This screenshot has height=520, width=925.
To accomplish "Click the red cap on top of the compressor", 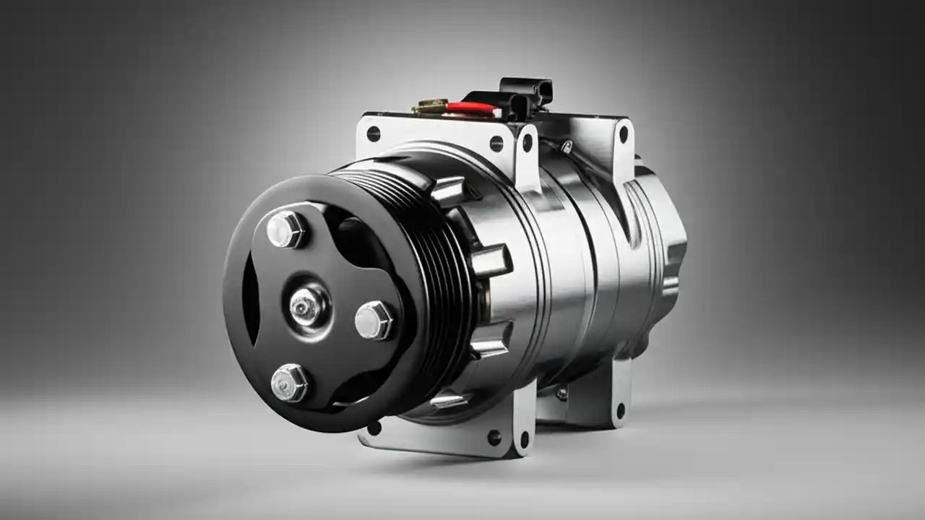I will pos(470,108).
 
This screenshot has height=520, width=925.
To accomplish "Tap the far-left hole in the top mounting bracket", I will pos(373,134).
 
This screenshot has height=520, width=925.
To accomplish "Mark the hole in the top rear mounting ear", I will pos(620,135).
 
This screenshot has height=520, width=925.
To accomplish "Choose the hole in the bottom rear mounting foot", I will pos(620,414).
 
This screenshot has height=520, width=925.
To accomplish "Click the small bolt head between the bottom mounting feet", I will pos(562,394).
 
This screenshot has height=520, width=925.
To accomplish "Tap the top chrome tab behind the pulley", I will pos(448,189).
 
